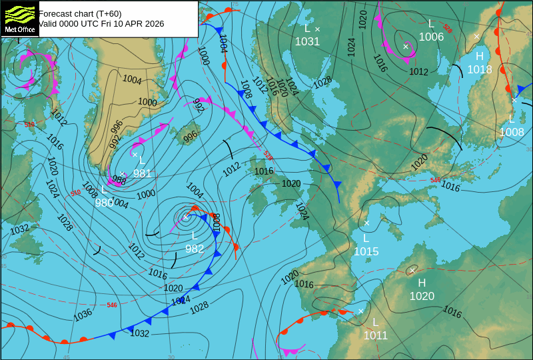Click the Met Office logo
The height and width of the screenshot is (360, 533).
19,18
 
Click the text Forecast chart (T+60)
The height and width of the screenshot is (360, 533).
80,13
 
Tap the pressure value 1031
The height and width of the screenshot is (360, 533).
307,41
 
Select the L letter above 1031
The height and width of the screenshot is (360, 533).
307,28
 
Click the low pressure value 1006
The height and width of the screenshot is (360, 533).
431,37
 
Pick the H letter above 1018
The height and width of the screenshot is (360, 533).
480,57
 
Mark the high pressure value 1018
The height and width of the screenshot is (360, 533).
480,69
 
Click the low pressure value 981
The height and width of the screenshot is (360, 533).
142,173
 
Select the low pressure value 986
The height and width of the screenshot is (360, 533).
104,203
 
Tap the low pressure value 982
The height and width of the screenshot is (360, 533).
195,249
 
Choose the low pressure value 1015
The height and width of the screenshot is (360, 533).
366,251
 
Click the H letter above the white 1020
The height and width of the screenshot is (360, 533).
422,283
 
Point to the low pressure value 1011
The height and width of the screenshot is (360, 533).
375,335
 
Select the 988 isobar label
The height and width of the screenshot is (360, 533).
119,180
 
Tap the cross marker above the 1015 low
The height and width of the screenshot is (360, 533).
366,223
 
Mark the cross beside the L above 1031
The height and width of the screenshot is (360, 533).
317,29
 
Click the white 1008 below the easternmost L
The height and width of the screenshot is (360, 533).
512,132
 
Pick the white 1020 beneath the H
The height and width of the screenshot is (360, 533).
422,296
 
